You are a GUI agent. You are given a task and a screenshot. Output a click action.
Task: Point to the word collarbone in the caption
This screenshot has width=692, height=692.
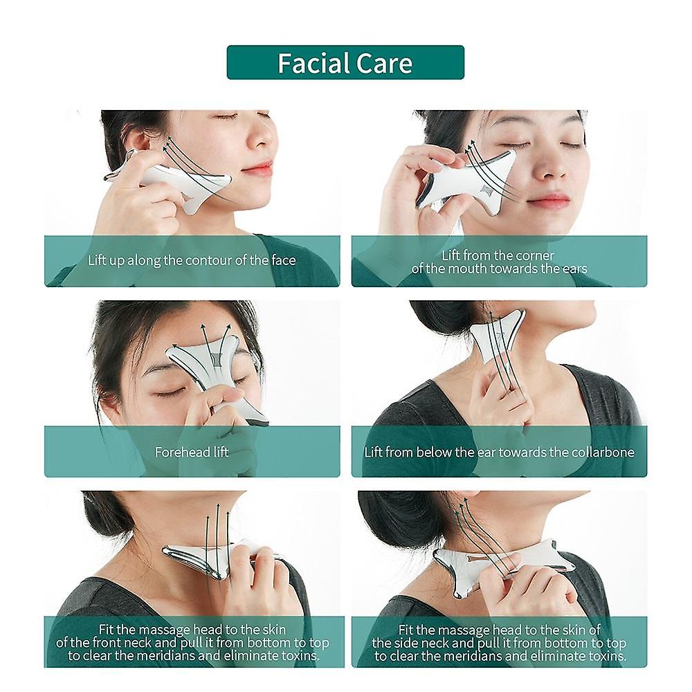coord(599,453)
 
